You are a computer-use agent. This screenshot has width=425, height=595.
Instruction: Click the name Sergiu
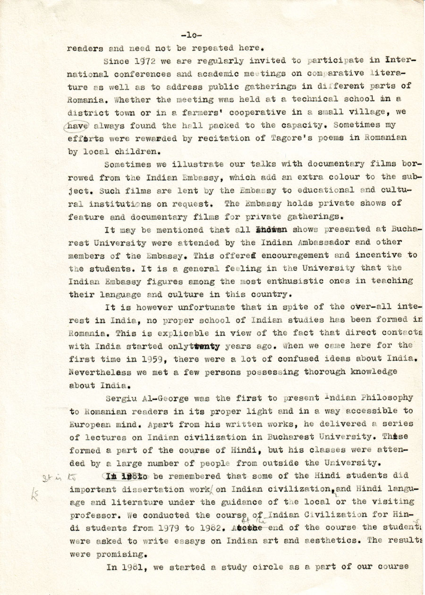(125, 398)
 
